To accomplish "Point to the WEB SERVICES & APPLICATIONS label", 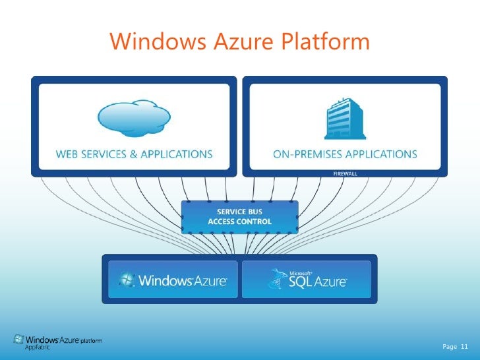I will pos(134,154).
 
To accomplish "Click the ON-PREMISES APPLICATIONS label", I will pos(345,154).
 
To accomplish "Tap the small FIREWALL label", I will pos(345,173).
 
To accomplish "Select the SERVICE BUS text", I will pos(240,212).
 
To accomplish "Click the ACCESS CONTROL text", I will pos(240,222).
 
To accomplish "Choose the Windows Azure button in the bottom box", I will pos(172,279).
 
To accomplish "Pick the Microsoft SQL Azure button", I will pos(307,279).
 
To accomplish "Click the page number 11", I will pos(464,346).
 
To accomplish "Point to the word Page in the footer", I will pos(450,346).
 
